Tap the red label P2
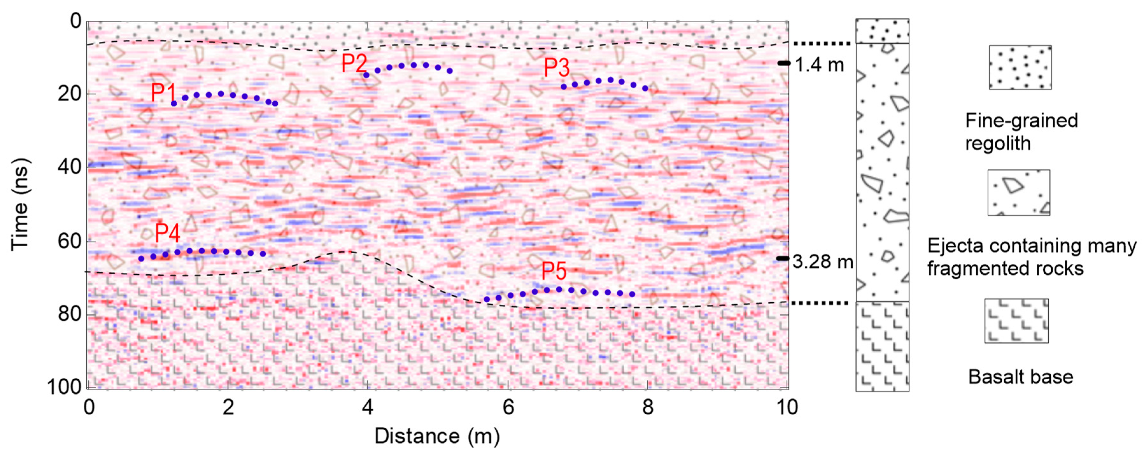pos(354,63)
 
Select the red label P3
pos(557,68)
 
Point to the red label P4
pos(167,232)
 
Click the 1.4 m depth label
pos(819,65)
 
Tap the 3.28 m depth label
pos(823,262)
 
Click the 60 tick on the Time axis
pos(70,241)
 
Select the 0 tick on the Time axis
pos(76,21)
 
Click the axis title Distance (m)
pos(437,436)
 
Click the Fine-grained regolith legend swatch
pos(1020,67)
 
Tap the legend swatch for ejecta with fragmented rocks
pos(1018,193)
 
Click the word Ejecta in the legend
pos(955,245)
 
